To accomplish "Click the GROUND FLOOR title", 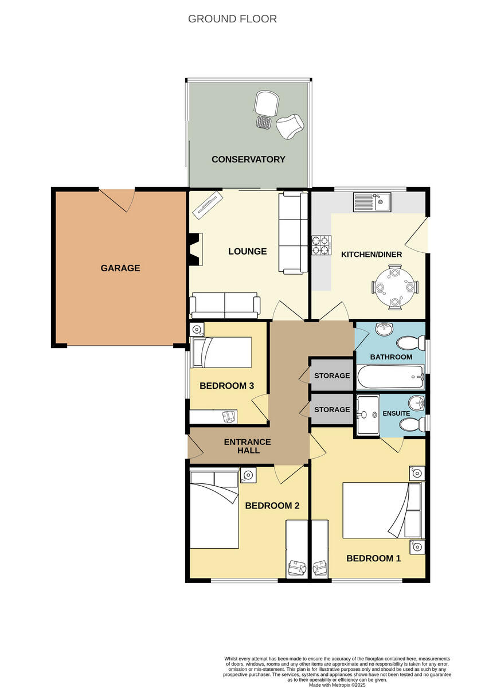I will pyautogui.click(x=232, y=19).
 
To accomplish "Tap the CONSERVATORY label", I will pyautogui.click(x=248, y=159).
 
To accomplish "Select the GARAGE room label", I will pyautogui.click(x=120, y=268).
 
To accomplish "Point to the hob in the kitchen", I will pyautogui.click(x=322, y=245).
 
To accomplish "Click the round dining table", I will pyautogui.click(x=396, y=286).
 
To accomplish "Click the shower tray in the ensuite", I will pyautogui.click(x=367, y=414).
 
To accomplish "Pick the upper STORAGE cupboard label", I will pyautogui.click(x=332, y=376).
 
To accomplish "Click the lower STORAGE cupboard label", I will pyautogui.click(x=332, y=409).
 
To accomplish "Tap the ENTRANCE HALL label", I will pyautogui.click(x=247, y=446).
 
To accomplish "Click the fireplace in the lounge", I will pyautogui.click(x=195, y=251).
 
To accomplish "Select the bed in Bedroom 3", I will pyautogui.click(x=222, y=352).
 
